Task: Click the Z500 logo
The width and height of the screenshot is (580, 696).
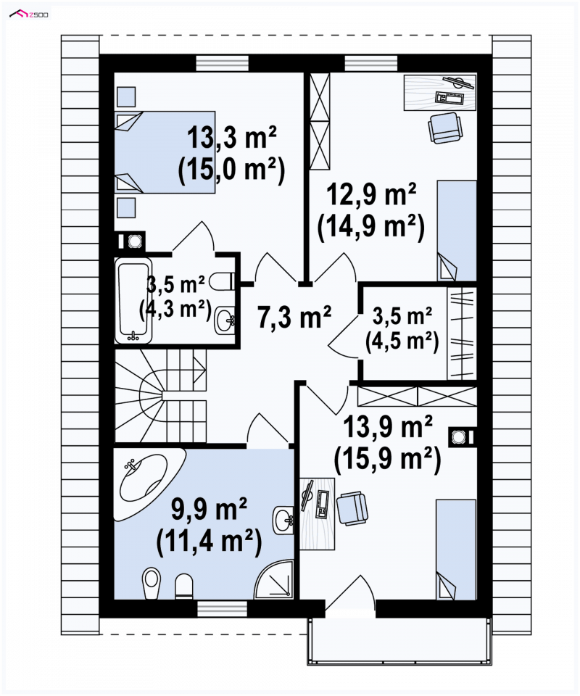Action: [x=30, y=14]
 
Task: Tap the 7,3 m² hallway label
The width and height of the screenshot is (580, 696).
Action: [x=294, y=318]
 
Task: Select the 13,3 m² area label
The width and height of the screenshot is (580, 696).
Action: [x=232, y=137]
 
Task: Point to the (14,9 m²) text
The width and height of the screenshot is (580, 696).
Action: [x=371, y=226]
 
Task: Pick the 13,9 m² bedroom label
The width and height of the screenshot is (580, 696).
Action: [x=388, y=426]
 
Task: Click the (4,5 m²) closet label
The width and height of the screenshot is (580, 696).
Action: [x=402, y=341]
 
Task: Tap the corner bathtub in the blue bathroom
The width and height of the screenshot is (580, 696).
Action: [x=149, y=484]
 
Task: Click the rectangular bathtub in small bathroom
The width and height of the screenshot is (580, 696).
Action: [x=133, y=300]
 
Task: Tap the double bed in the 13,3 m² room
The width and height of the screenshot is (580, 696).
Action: [x=165, y=152]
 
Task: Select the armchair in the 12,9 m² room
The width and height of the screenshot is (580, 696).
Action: [x=444, y=128]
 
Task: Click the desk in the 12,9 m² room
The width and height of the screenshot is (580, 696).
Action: [x=440, y=92]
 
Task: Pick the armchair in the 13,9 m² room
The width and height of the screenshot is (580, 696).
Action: [x=352, y=508]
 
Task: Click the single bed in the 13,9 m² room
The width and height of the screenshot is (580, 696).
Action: [x=456, y=550]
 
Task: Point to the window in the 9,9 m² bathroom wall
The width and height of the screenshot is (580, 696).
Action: [x=223, y=608]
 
